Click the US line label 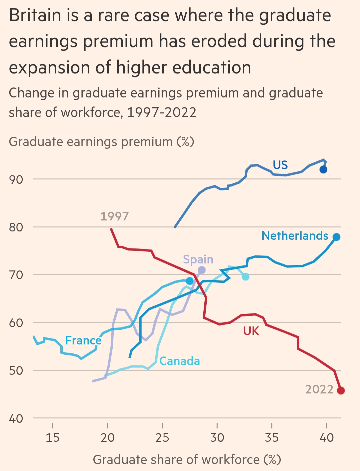click(x=280, y=165)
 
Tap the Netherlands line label click(x=295, y=236)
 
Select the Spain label click(x=198, y=259)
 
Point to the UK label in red click(x=251, y=331)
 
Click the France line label click(x=83, y=340)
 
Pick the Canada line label click(x=180, y=361)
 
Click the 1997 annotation click(x=114, y=216)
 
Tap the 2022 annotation click(x=319, y=389)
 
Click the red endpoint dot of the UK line click(x=341, y=390)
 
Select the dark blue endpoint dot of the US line click(x=323, y=170)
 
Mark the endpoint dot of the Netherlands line click(x=336, y=237)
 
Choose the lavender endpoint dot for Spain click(x=202, y=270)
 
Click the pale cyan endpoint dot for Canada click(x=246, y=277)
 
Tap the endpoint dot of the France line click(x=190, y=281)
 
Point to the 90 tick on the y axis click(x=16, y=180)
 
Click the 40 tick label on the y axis click(x=16, y=419)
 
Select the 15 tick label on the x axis click(x=53, y=437)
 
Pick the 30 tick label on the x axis click(x=217, y=437)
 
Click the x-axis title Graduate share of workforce click(x=187, y=460)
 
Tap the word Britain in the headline click(x=35, y=15)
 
